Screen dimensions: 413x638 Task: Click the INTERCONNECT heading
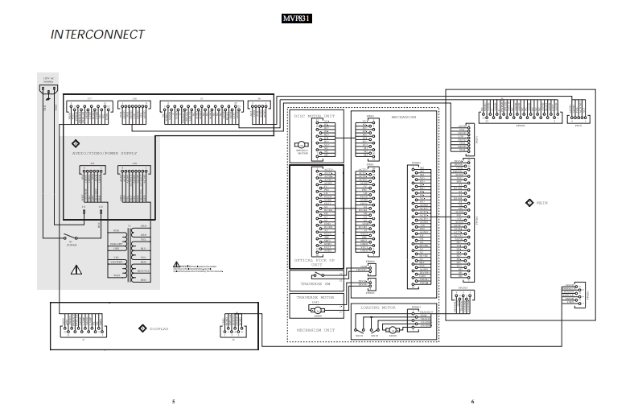97,35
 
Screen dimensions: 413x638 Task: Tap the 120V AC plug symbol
48,98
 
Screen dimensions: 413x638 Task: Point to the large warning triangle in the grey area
76,270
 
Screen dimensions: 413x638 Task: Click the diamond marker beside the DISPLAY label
142,328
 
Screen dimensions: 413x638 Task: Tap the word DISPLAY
158,328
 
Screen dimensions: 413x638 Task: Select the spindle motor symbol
303,147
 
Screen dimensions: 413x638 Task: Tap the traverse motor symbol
317,310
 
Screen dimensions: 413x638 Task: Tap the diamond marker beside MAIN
529,203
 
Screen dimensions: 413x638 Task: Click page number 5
173,401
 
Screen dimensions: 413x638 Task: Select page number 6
472,401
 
